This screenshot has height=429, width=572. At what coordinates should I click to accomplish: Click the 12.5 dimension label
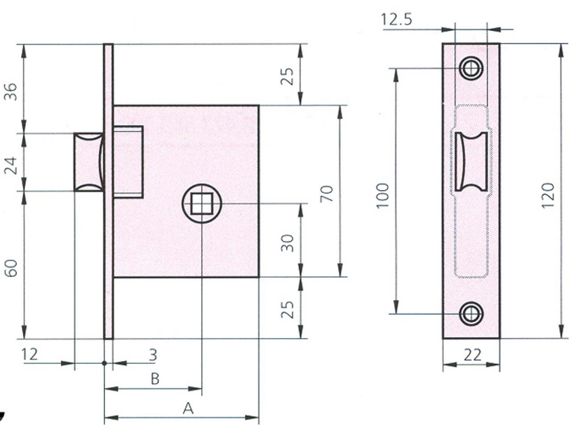coord(396,20)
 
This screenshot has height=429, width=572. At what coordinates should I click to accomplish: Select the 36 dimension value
coord(10,92)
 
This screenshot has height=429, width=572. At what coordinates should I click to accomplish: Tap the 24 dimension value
coord(10,166)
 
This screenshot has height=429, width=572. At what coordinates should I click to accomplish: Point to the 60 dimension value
coord(10,268)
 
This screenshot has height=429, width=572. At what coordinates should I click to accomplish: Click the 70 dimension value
coord(327,193)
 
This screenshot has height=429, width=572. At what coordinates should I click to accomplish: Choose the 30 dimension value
coord(287,243)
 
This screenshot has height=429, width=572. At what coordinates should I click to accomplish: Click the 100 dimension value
coord(383,195)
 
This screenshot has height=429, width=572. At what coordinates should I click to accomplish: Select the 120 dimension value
coord(547,195)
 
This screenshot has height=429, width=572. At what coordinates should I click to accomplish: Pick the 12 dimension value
coord(29,354)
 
